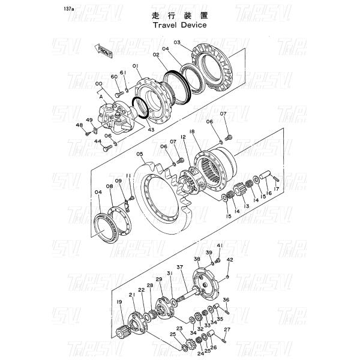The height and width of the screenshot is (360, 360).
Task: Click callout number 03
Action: [x=177, y=42]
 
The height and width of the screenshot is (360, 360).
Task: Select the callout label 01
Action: [x=136, y=65]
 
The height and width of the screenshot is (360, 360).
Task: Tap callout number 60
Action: [x=114, y=77]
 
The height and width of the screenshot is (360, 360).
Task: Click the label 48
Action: [x=79, y=125]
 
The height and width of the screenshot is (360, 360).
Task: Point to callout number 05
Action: [x=139, y=154]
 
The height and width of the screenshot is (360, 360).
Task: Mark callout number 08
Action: [x=110, y=187]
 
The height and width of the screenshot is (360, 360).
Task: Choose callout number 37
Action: [x=179, y=267]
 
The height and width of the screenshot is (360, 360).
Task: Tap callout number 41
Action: [x=220, y=245]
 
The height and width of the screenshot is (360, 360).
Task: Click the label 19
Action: [x=119, y=302]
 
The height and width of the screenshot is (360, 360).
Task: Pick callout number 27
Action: [x=227, y=330]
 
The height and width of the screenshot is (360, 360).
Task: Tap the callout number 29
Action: [x=159, y=280]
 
